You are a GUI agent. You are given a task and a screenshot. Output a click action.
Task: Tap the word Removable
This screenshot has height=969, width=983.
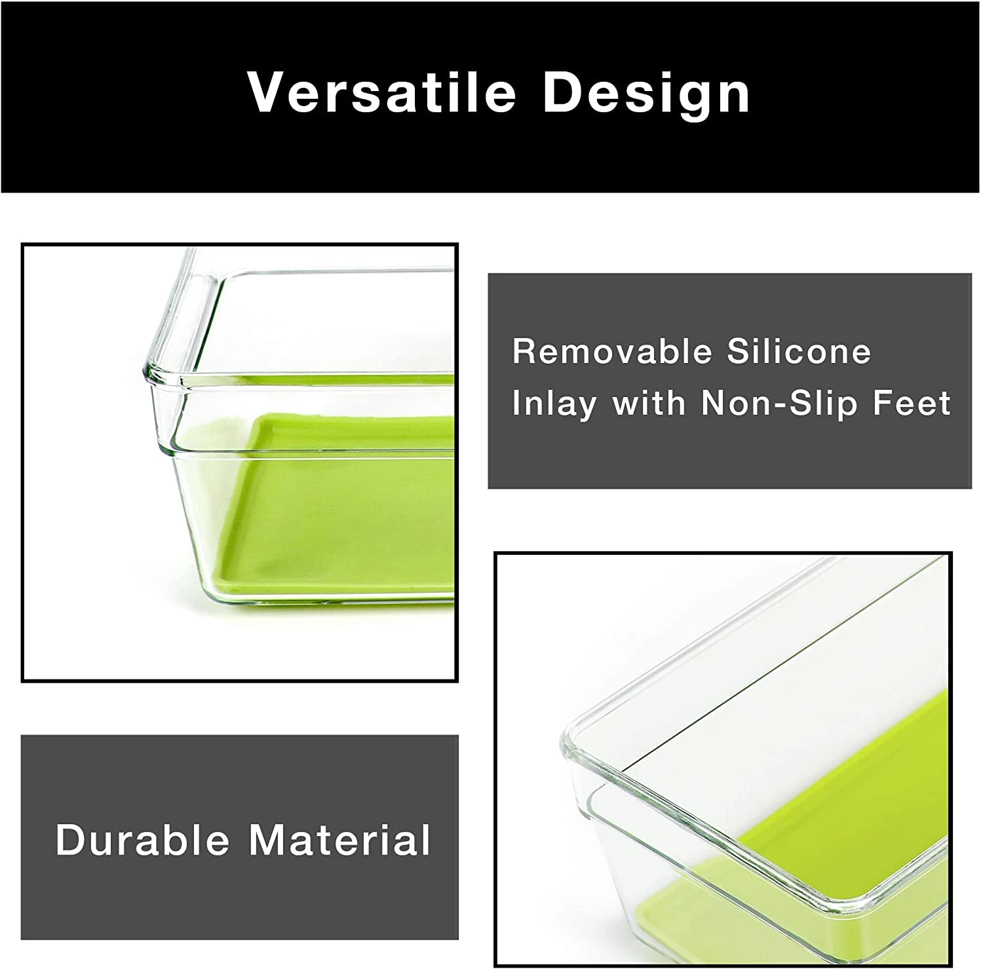click(x=612, y=352)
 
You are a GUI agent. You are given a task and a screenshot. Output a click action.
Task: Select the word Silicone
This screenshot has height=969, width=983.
click(x=799, y=352)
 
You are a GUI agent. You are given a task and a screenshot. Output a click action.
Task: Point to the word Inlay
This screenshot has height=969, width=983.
click(x=554, y=403)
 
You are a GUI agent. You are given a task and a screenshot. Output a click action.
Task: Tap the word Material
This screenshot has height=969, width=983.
click(x=339, y=839)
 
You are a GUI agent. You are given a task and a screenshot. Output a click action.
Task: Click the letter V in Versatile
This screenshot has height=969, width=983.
click(x=265, y=92)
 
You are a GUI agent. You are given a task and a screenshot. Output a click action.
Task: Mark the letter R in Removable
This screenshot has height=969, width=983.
click(x=525, y=352)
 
